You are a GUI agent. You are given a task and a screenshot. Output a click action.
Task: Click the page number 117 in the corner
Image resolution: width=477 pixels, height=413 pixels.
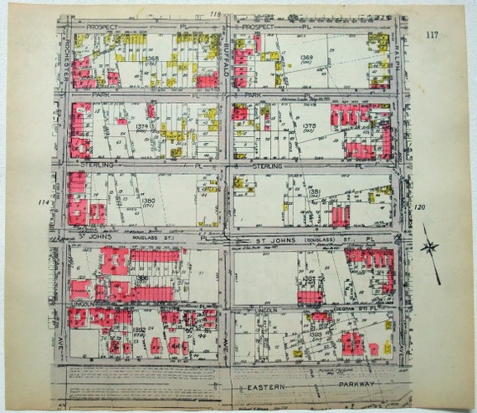(x=432, y=33)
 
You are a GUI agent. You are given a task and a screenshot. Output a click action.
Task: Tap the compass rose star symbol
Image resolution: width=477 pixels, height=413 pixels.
(x=431, y=247)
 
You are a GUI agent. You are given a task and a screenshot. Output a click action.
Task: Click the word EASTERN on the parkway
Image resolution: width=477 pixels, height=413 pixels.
(x=268, y=387)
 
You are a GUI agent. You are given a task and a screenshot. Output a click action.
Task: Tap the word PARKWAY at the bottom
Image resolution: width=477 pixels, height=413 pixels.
(x=358, y=387)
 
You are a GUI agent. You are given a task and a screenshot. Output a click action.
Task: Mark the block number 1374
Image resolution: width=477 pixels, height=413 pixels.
(x=141, y=126)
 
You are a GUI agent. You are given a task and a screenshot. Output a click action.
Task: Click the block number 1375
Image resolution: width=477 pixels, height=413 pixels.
(x=309, y=126)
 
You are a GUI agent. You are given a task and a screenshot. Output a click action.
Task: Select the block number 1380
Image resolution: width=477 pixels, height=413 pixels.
(x=147, y=201)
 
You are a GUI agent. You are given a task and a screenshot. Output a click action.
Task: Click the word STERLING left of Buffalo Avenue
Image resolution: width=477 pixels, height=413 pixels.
(x=96, y=166)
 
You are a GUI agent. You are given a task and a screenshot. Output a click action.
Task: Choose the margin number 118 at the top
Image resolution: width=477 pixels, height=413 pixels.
(x=215, y=14)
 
